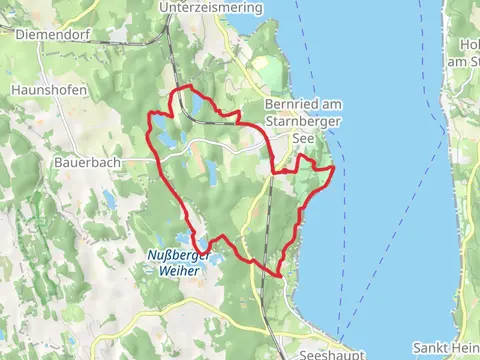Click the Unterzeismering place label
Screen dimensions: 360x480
(x=210, y=7)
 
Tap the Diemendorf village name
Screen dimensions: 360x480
(x=43, y=31)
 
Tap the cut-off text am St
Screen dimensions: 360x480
(x=466, y=63)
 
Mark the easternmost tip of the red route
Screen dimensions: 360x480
(x=333, y=169)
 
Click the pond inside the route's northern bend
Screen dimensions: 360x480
(x=198, y=104)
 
